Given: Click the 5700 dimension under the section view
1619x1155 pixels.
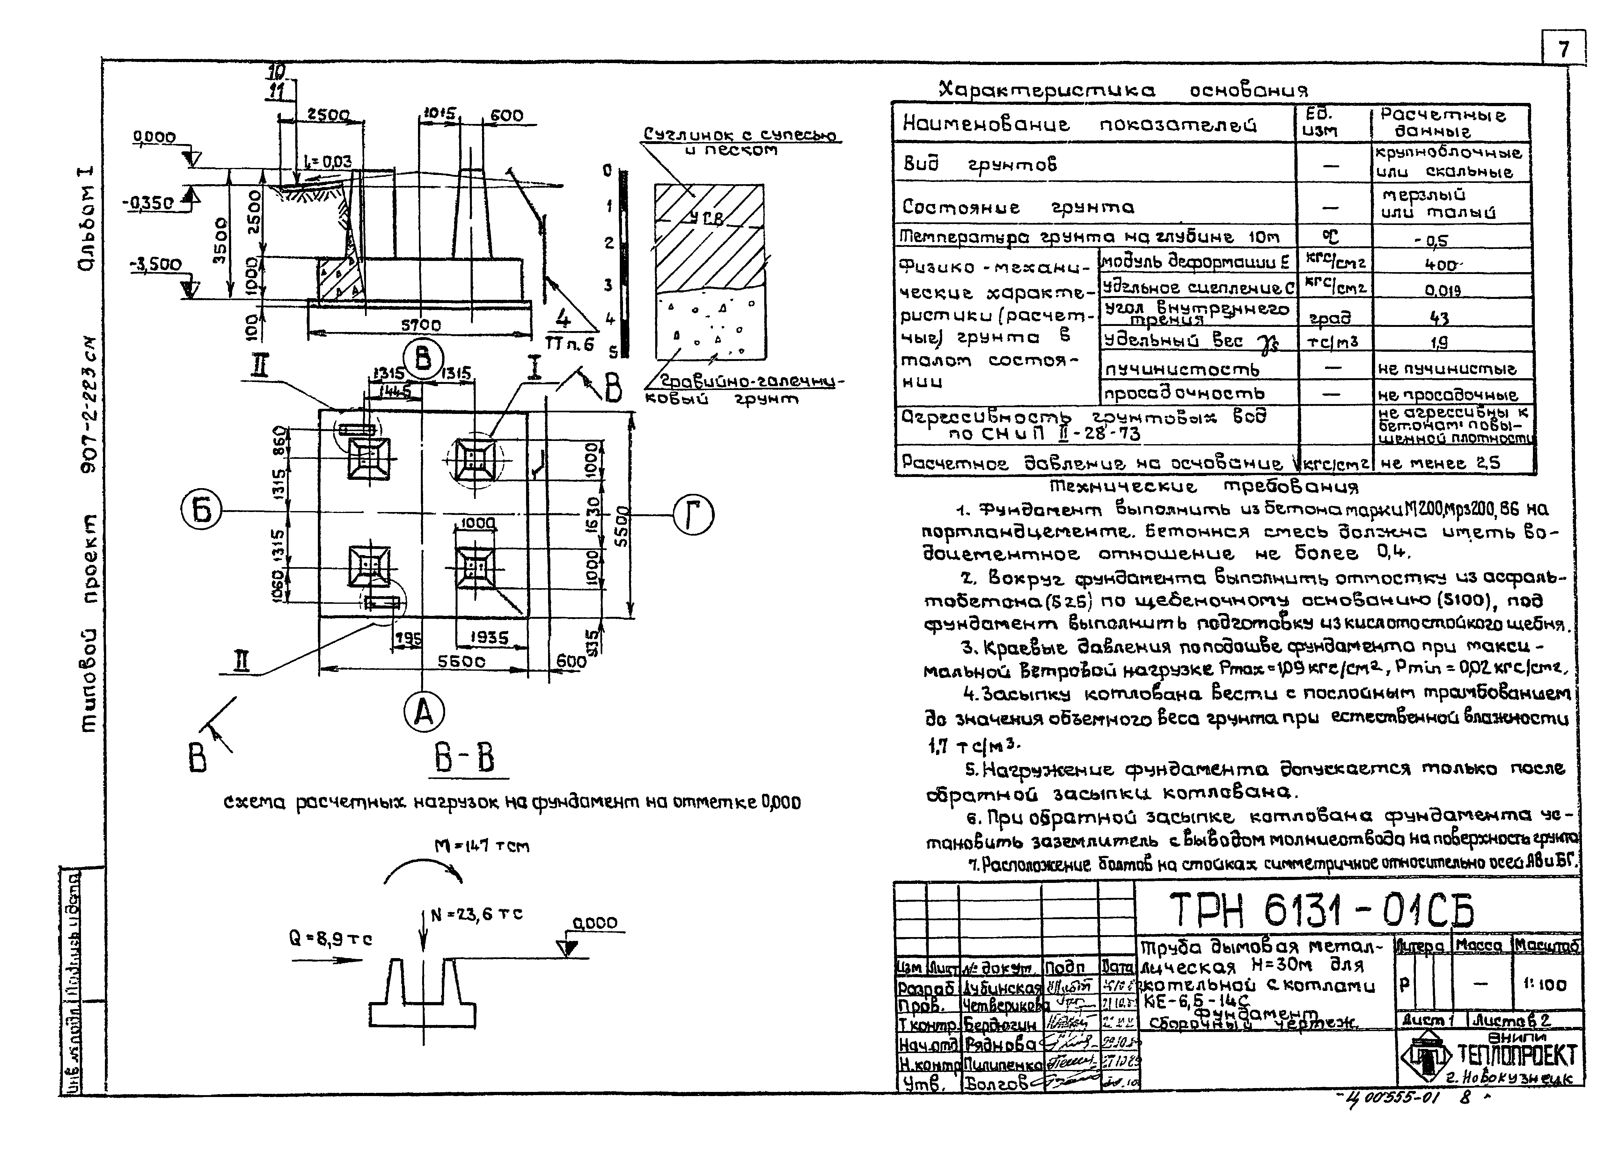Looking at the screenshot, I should [421, 325].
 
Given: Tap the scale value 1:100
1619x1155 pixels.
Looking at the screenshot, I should [1545, 985].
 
